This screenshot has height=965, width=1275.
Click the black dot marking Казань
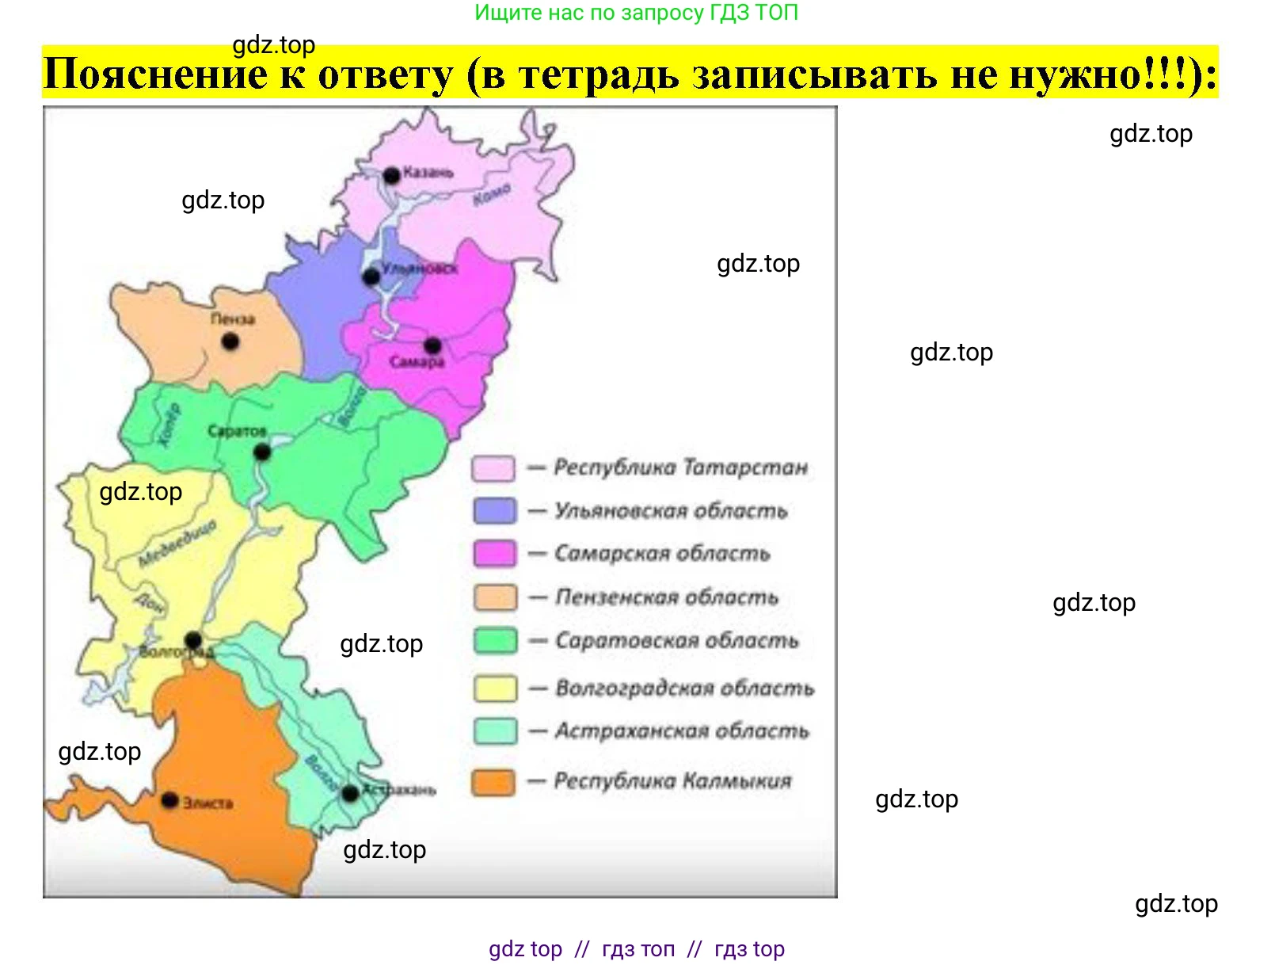click(391, 176)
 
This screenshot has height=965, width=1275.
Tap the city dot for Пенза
click(230, 342)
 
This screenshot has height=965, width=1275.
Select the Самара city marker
click(432, 345)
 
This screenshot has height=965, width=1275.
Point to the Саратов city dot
click(262, 452)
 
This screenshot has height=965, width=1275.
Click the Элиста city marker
click(169, 801)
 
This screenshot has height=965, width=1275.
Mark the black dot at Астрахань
click(350, 793)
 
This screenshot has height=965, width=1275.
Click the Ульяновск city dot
click(371, 277)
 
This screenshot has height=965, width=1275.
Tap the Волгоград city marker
click(193, 639)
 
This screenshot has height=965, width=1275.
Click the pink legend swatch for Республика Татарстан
click(493, 468)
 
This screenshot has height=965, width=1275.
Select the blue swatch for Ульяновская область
click(494, 510)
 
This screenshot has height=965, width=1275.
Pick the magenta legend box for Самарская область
click(494, 553)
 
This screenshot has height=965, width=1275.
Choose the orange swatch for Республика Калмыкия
click(493, 783)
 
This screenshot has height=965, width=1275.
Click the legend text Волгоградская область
click(684, 688)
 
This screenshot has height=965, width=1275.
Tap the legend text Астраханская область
click(681, 730)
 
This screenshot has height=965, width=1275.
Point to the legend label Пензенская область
click(666, 597)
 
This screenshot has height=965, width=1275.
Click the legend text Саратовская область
click(676, 640)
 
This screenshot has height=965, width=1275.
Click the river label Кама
click(492, 194)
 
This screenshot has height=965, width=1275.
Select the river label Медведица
click(178, 544)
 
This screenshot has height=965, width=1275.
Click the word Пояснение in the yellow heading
click(155, 74)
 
